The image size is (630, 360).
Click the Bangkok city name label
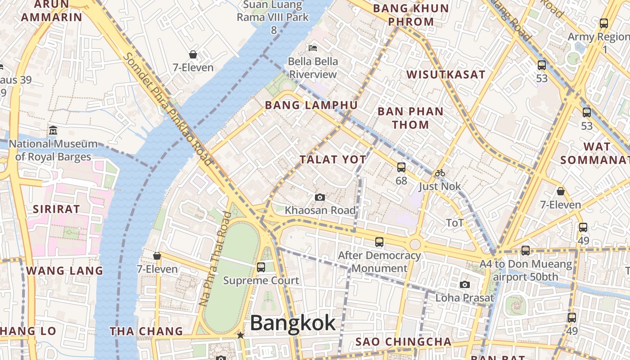(x=292, y=323)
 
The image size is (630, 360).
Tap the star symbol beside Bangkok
(x=241, y=335)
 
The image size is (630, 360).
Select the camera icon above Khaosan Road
(x=320, y=197)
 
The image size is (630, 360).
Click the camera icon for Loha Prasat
(x=465, y=284)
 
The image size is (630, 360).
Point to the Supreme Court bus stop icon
(x=261, y=267)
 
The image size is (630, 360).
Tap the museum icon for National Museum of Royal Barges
(x=53, y=130)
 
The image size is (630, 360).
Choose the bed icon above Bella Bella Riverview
(x=313, y=48)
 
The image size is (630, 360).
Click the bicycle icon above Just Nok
(x=440, y=173)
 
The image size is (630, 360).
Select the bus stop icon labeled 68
(x=401, y=167)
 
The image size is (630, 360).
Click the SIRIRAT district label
(x=56, y=209)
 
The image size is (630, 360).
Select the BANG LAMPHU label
(x=311, y=105)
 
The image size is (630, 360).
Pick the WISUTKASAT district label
(x=446, y=75)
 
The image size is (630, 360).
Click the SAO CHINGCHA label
(x=403, y=342)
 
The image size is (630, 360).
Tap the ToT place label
(x=454, y=223)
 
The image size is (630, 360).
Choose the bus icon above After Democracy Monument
(x=379, y=242)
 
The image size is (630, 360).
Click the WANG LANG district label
(x=65, y=271)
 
